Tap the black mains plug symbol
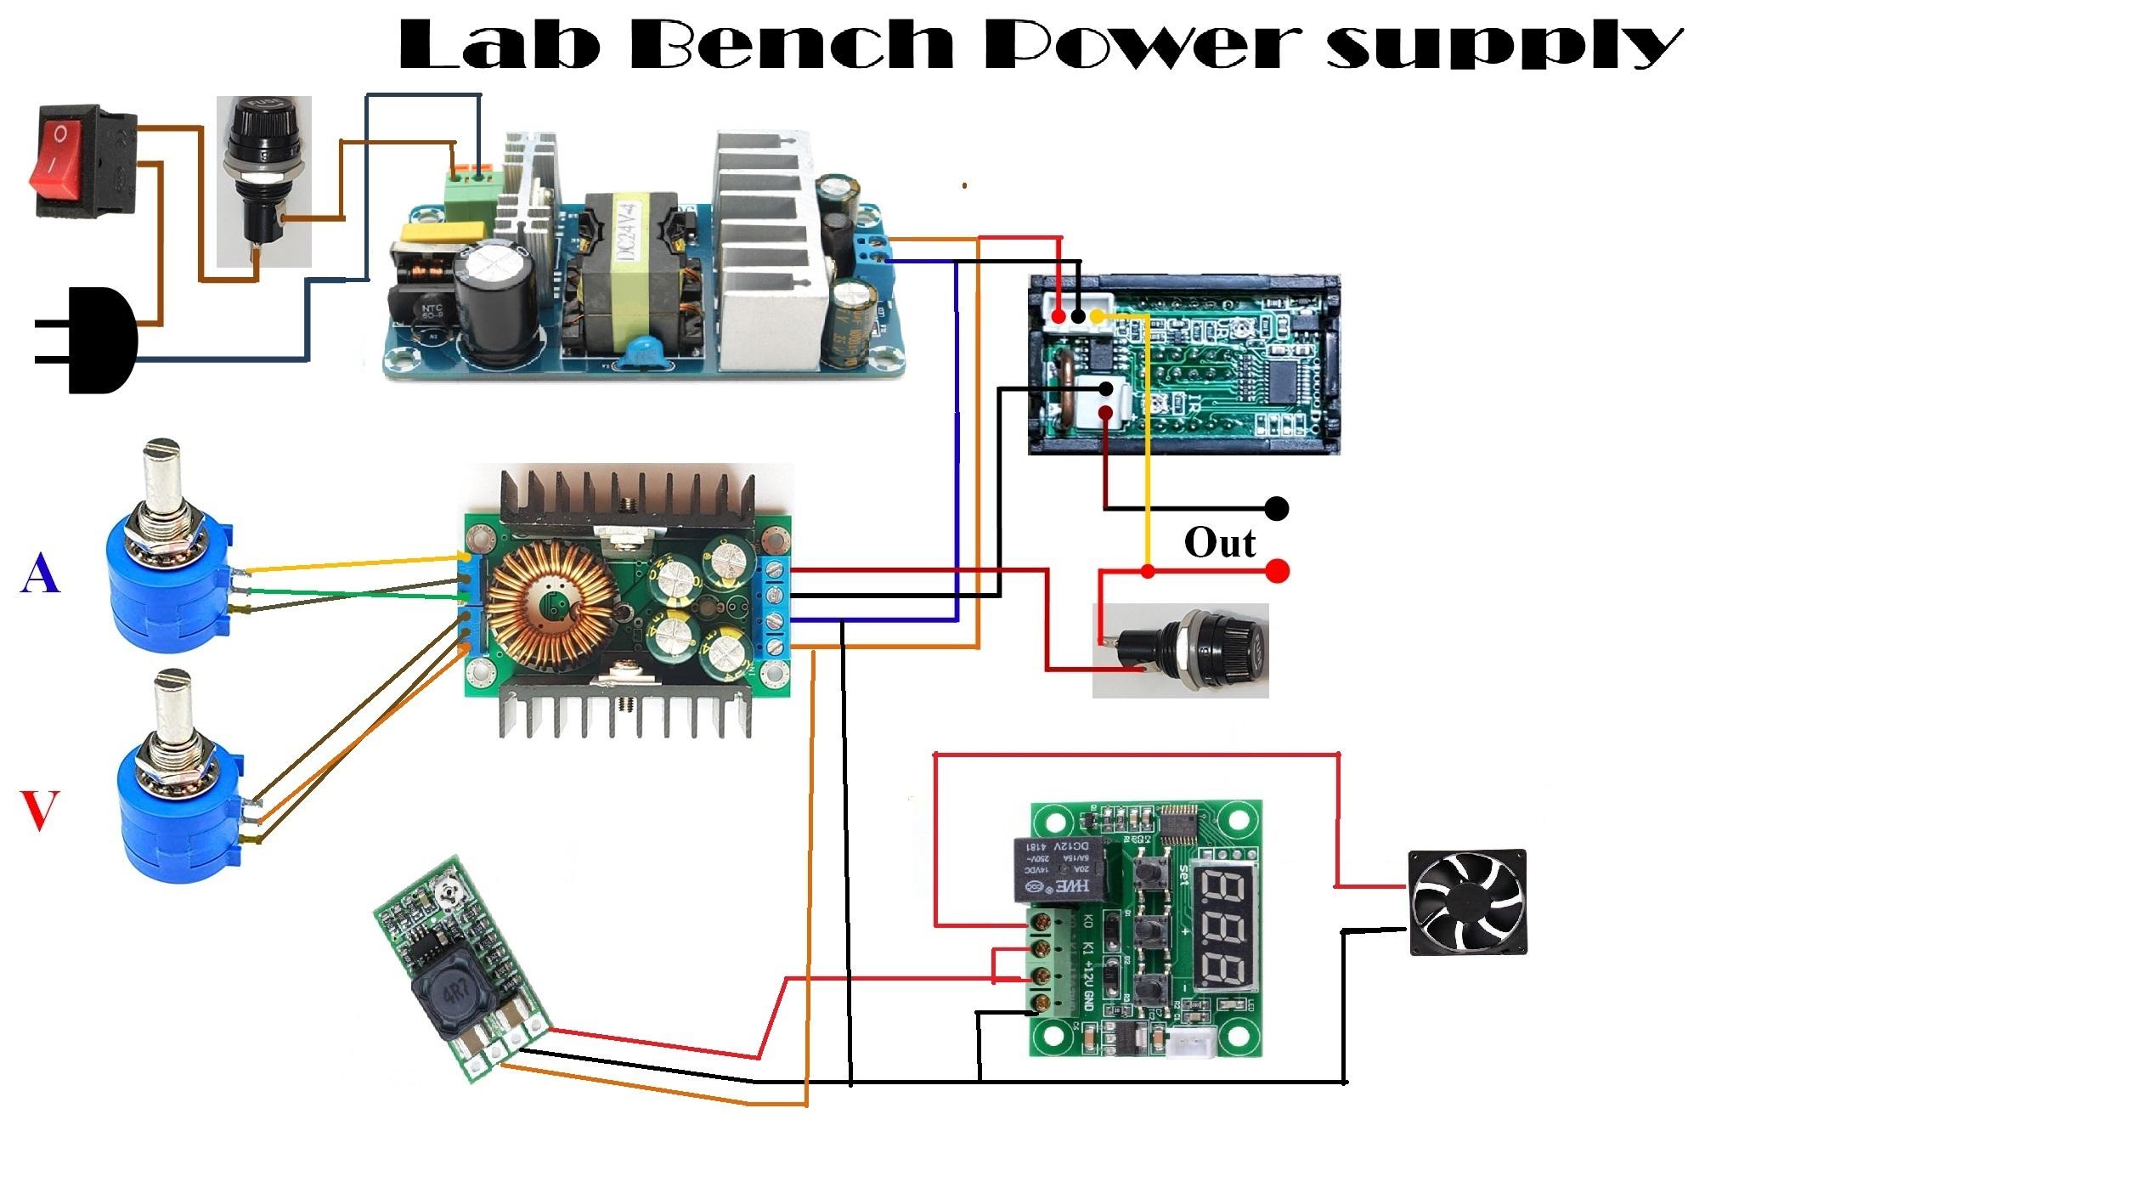pos(98,340)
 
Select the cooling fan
pos(1467,902)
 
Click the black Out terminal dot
pos(1276,508)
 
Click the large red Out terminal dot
pos(1276,571)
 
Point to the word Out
pos(1219,542)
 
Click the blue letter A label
pos(40,574)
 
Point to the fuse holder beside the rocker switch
pos(263,178)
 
